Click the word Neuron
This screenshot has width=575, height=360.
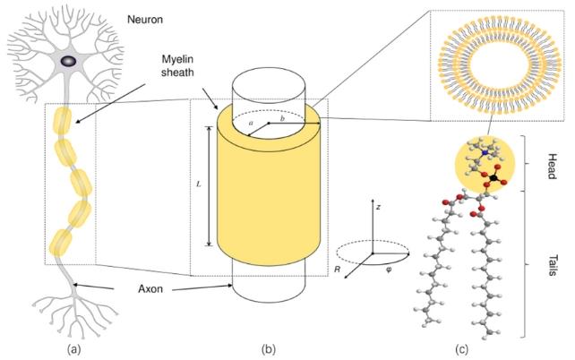point(145,19)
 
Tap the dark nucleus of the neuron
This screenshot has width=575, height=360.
point(69,61)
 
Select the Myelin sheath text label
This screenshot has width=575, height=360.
point(177,65)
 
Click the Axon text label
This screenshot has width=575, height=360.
point(150,289)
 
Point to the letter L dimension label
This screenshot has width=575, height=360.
point(199,184)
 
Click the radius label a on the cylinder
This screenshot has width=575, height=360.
point(251,124)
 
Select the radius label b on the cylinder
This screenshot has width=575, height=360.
point(282,118)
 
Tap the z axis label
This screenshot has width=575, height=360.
point(379,207)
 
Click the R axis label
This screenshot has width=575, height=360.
point(338,270)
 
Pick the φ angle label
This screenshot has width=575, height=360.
point(389,271)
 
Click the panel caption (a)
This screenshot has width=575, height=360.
point(73,349)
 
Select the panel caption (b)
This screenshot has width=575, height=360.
point(268,349)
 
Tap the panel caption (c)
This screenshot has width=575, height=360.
point(461,349)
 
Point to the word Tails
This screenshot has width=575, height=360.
point(553,265)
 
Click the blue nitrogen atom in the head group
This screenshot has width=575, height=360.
point(485,152)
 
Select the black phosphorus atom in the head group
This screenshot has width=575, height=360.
point(494,178)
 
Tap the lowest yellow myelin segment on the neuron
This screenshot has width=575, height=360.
point(61,243)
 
